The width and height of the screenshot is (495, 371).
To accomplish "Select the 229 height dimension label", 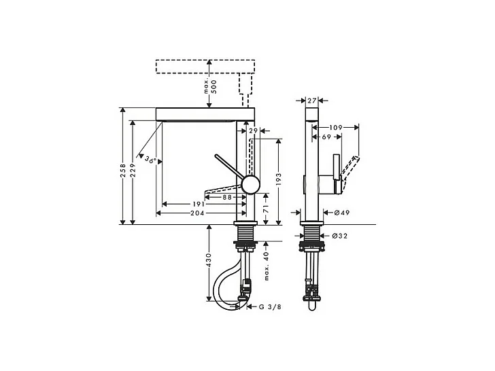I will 134,173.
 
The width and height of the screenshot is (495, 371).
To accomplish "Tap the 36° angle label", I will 150,160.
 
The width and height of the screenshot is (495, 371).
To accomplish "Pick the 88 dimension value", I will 228,197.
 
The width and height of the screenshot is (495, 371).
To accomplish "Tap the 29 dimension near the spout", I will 253,130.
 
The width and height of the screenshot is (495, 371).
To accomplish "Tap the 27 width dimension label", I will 312,101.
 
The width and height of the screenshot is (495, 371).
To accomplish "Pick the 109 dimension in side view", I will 334,127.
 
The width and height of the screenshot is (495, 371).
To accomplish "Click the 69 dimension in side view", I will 326,137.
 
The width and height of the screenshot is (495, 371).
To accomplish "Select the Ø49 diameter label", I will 341,213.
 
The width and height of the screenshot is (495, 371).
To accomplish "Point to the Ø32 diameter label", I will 341,236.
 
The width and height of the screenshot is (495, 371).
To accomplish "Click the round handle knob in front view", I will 250,185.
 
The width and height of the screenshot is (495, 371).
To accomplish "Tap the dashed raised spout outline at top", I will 206,67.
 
